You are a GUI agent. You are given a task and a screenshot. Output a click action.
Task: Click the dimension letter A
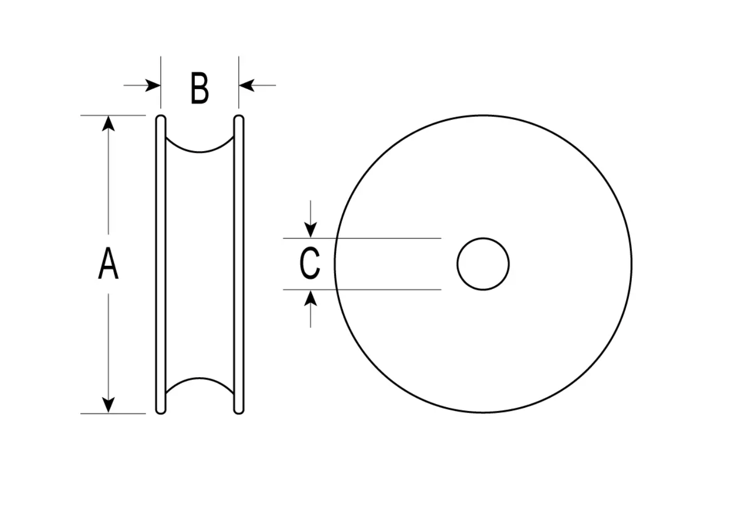pos(108,263)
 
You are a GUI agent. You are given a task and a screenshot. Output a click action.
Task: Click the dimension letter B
pos(199,88)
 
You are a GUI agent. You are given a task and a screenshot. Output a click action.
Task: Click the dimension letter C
pos(310,263)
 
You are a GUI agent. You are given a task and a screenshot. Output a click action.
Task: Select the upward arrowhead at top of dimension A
pos(108,124)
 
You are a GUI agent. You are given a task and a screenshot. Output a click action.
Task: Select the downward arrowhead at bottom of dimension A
pos(108,405)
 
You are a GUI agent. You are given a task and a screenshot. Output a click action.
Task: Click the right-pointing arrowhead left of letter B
pos(152,86)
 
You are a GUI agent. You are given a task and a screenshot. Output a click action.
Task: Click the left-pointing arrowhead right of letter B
pos(247,86)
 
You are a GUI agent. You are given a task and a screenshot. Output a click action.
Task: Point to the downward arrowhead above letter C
pos(310,230)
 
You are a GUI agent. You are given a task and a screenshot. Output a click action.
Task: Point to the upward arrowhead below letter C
pos(310,298)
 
